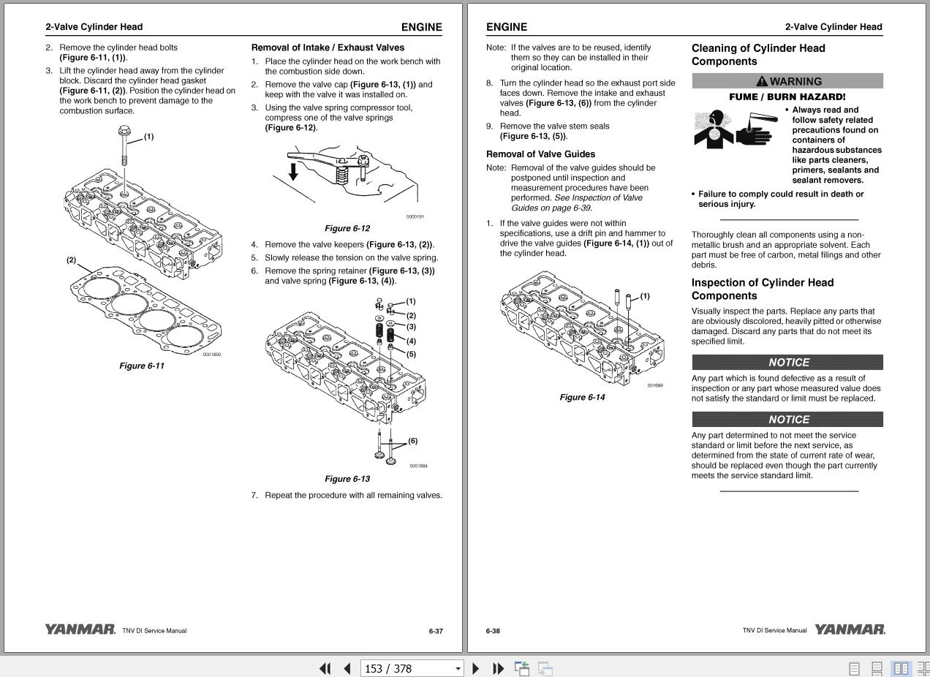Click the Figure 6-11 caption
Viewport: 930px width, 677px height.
142,366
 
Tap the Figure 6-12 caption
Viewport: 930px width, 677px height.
347,228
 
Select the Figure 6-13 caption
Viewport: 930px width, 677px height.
347,479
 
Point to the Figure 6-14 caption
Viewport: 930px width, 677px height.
582,397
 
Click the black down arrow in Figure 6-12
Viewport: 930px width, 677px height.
293,172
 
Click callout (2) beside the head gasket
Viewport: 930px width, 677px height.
71,260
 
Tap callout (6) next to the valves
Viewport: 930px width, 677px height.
413,441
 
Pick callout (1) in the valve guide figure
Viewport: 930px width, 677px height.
645,296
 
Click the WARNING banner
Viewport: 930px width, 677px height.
787,81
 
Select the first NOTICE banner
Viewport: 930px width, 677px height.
787,362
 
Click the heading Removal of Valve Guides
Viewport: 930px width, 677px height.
540,154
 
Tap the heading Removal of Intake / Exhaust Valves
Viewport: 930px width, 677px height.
328,48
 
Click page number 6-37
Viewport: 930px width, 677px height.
436,631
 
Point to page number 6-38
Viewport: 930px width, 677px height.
493,631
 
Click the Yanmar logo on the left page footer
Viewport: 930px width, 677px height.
80,629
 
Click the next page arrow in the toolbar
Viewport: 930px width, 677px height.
476,668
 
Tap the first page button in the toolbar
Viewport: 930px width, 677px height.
325,668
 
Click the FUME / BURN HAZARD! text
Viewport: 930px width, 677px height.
787,97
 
